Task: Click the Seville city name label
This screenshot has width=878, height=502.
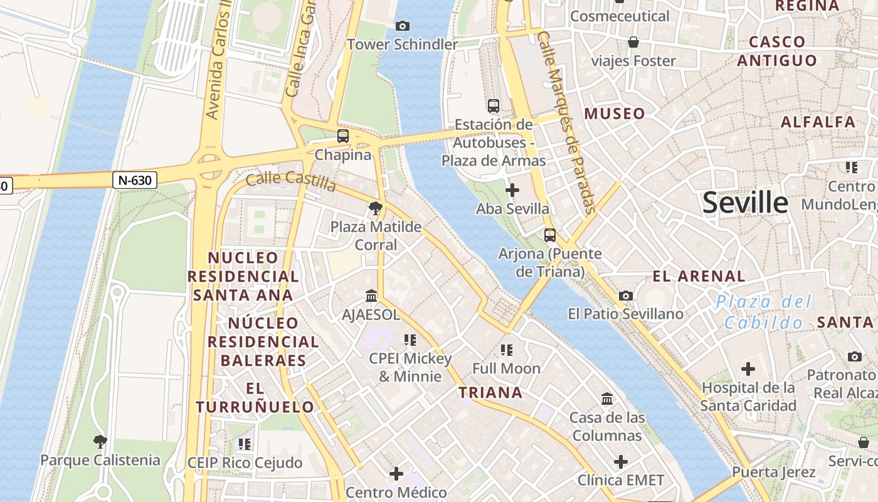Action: pyautogui.click(x=745, y=203)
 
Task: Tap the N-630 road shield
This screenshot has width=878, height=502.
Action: pyautogui.click(x=135, y=180)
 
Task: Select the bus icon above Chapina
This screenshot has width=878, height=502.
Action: pyautogui.click(x=342, y=136)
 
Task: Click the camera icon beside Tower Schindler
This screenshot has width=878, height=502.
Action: pyautogui.click(x=403, y=26)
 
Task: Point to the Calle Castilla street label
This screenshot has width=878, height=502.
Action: pyautogui.click(x=290, y=180)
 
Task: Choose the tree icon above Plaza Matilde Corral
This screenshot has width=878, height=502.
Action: pyautogui.click(x=376, y=208)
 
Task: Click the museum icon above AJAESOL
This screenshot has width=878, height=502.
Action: pyautogui.click(x=371, y=296)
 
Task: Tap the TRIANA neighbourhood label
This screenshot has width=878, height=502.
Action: pyautogui.click(x=490, y=393)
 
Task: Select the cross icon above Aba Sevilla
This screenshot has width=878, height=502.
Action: pyautogui.click(x=512, y=190)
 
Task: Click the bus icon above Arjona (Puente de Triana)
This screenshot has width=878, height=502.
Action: pyautogui.click(x=550, y=235)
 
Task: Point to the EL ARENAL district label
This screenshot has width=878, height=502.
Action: pyautogui.click(x=699, y=276)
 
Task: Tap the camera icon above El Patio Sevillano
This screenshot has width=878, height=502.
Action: pyautogui.click(x=625, y=296)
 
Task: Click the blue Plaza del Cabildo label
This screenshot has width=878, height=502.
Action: pyautogui.click(x=764, y=312)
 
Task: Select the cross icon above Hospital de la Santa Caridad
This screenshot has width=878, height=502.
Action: pyautogui.click(x=748, y=368)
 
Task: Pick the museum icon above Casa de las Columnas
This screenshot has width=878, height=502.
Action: pyautogui.click(x=607, y=398)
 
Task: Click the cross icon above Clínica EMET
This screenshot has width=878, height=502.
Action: pyautogui.click(x=620, y=462)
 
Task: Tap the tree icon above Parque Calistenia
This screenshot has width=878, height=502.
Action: pyautogui.click(x=100, y=442)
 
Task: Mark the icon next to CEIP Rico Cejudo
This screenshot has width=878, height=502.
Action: pyautogui.click(x=244, y=444)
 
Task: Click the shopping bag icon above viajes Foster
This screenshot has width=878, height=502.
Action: pyautogui.click(x=633, y=42)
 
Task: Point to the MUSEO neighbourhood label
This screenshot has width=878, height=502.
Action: pyautogui.click(x=615, y=114)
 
